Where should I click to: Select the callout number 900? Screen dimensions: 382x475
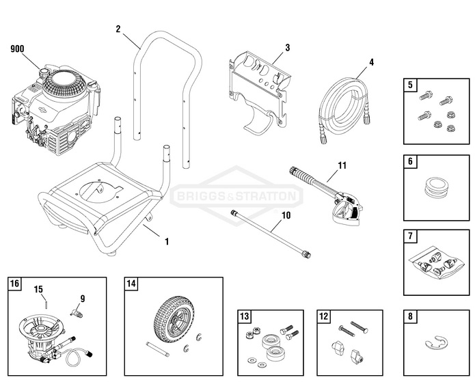click(x=18, y=49)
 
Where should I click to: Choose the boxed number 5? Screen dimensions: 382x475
click(x=410, y=85)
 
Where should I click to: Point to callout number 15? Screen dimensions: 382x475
click(x=39, y=289)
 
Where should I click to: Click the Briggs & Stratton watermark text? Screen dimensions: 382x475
click(x=236, y=197)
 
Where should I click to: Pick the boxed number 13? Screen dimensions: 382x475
click(x=245, y=316)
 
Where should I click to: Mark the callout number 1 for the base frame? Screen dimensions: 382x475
click(x=166, y=241)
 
